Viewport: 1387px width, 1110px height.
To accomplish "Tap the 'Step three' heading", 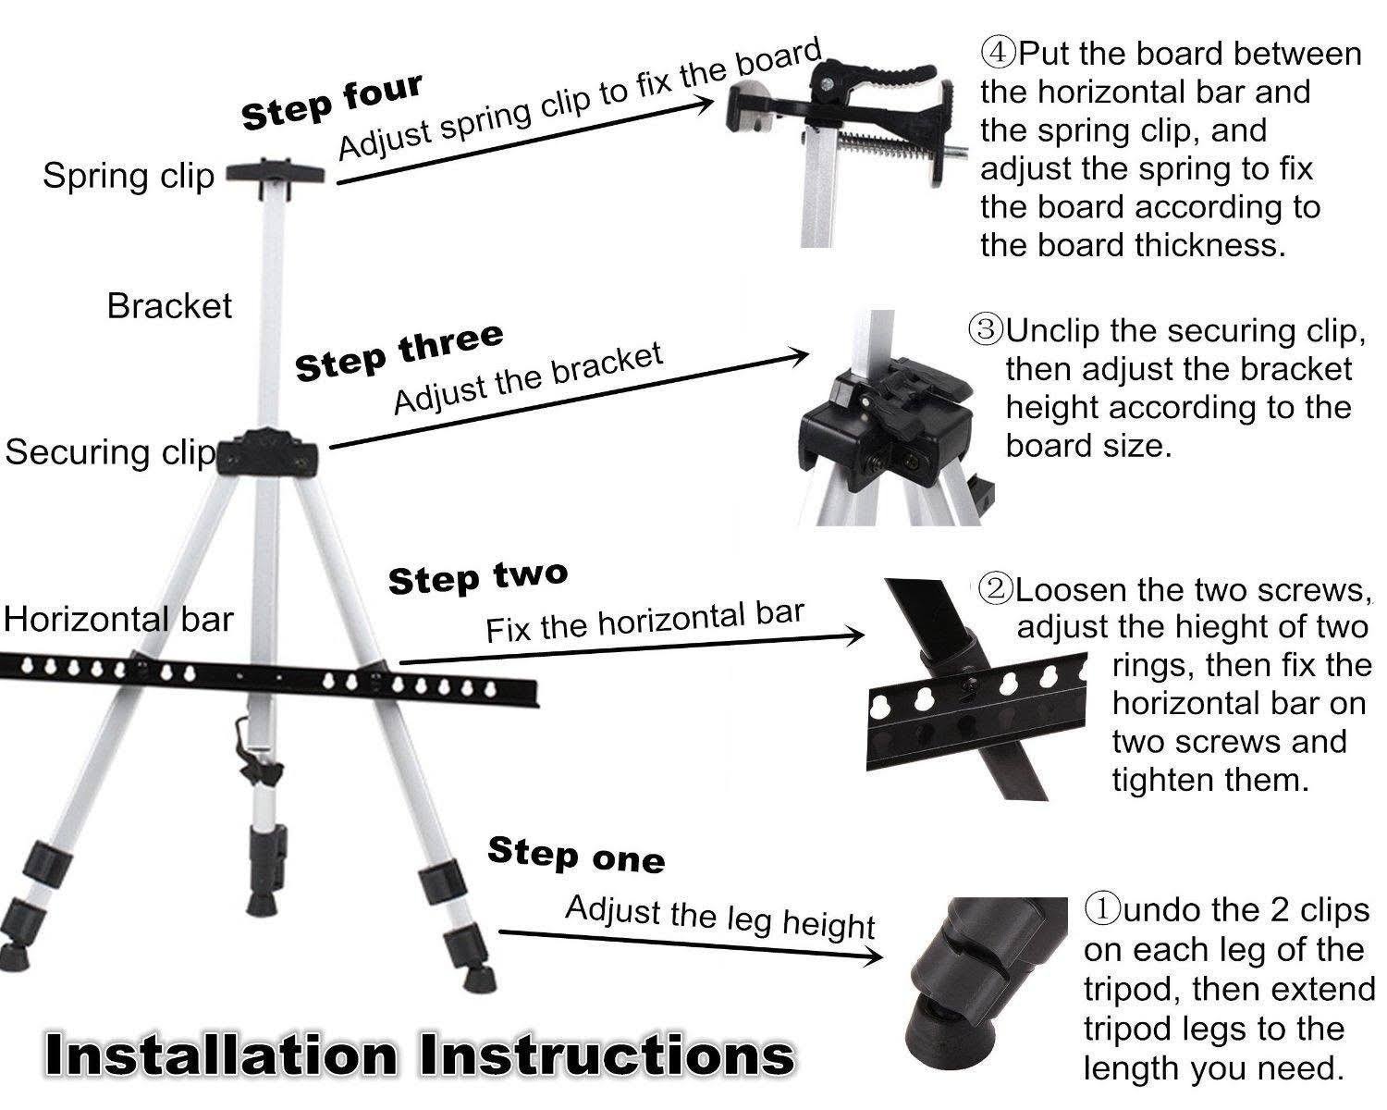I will (x=399, y=352).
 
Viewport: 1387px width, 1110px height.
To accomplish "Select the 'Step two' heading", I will (x=477, y=578).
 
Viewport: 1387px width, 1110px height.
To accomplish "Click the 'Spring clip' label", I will (x=128, y=176).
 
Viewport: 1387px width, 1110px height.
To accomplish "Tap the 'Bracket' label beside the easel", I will (x=169, y=305).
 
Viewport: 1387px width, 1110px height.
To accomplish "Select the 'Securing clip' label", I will (x=109, y=452).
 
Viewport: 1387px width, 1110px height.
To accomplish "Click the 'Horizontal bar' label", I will (x=117, y=619).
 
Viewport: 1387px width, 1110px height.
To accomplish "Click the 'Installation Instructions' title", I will (x=418, y=1054).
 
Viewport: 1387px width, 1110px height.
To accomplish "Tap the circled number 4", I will (x=999, y=53).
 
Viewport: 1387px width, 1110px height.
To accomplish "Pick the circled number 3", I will (x=986, y=329).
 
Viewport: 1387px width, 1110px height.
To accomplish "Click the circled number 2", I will (x=996, y=589).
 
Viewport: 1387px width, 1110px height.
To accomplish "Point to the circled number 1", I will (x=1102, y=910).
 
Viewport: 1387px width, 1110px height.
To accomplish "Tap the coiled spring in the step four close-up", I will (x=888, y=143).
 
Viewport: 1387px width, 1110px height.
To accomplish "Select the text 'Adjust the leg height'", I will (x=719, y=917).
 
